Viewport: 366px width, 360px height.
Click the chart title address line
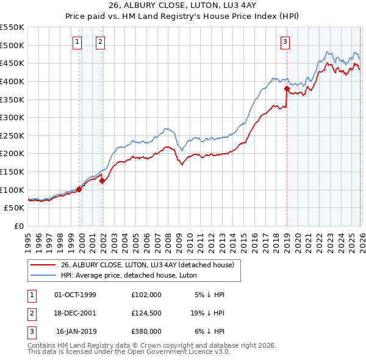(182, 5)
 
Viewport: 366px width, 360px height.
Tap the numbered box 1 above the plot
(77, 41)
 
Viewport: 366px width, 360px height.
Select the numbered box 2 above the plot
(100, 41)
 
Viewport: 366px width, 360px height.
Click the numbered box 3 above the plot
(285, 41)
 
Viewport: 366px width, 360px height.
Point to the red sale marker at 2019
(287, 88)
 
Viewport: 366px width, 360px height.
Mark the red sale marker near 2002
(102, 181)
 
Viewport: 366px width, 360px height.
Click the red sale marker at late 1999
(79, 189)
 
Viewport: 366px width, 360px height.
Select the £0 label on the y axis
(18, 226)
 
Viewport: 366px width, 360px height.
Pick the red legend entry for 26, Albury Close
(151, 265)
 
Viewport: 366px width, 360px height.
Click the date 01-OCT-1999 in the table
(75, 295)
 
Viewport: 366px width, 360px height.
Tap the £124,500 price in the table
(146, 313)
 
